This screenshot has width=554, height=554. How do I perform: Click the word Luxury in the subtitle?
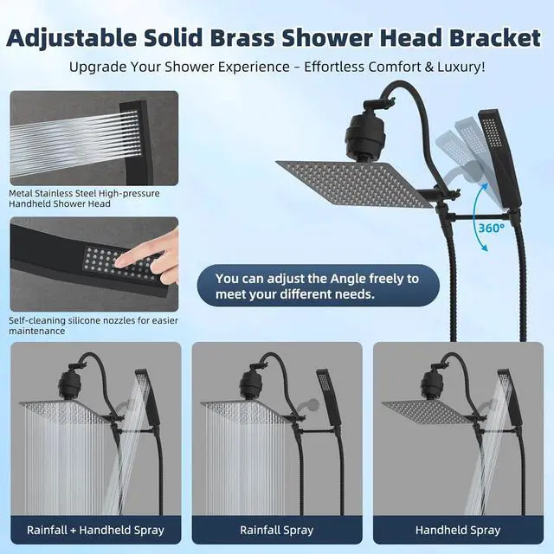[461, 67]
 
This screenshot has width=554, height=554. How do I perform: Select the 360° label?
[492, 228]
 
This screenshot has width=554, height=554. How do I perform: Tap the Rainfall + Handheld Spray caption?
[95, 530]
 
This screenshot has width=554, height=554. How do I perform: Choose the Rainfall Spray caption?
[277, 530]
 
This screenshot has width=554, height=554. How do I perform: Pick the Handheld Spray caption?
[458, 530]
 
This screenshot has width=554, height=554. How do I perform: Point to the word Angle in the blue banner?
[344, 279]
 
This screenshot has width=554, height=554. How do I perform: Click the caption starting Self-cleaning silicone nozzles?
[93, 325]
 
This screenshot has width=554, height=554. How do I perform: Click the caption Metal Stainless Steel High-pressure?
[84, 193]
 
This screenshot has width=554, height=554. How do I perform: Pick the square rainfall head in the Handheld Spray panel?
[427, 412]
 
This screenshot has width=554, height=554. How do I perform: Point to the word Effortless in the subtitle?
[334, 67]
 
